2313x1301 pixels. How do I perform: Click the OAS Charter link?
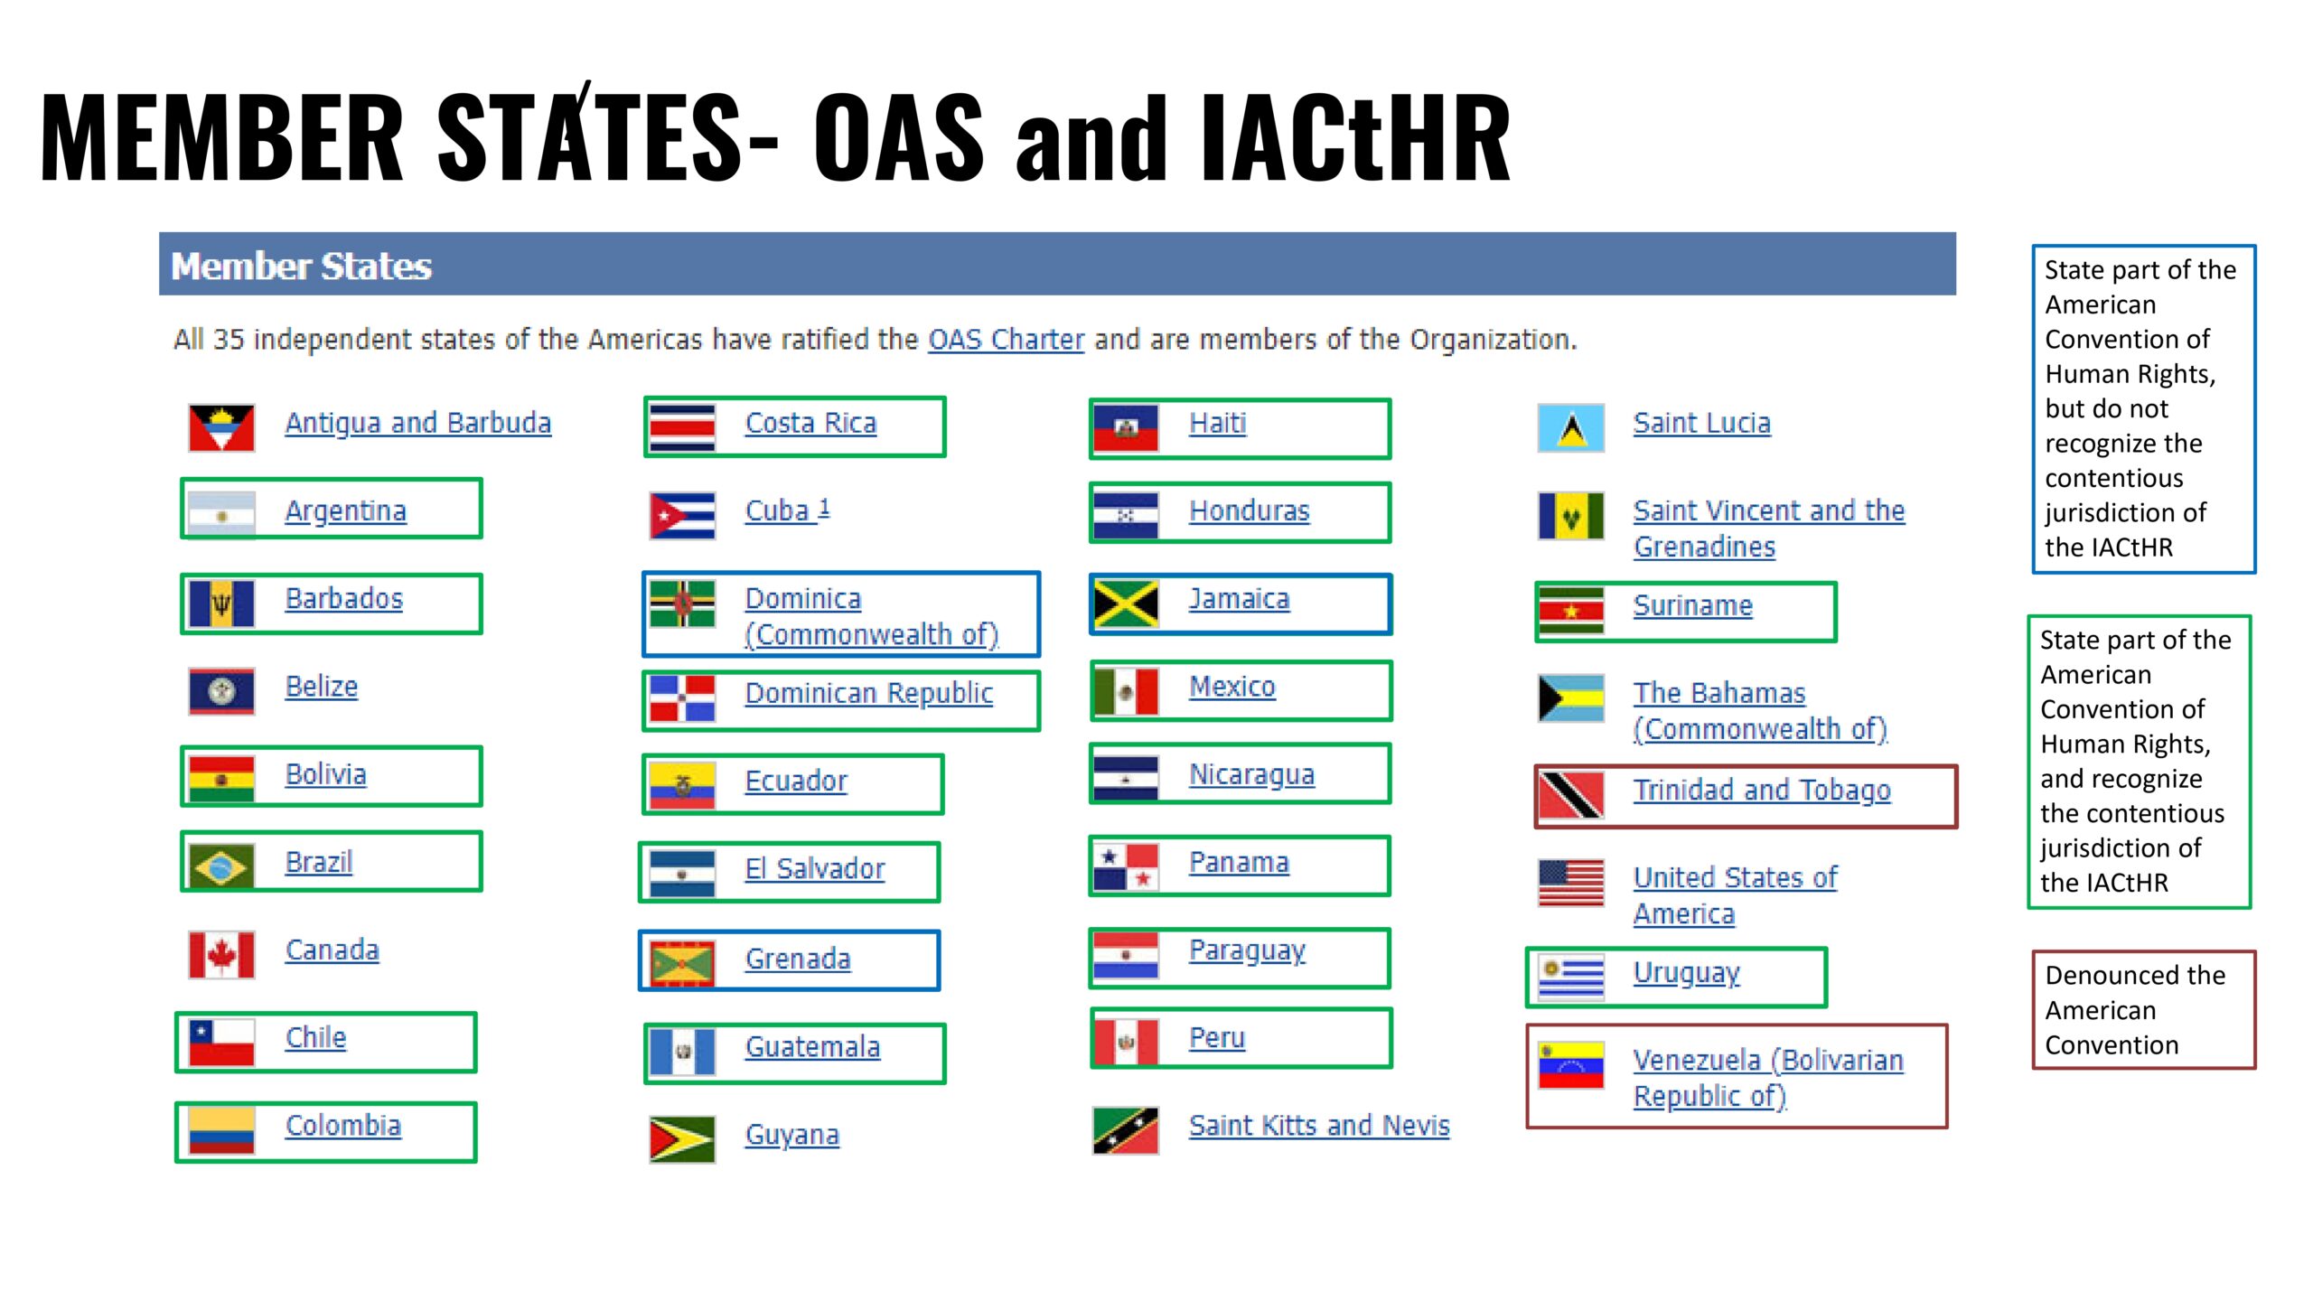(x=1006, y=340)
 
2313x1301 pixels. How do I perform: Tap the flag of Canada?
(x=221, y=954)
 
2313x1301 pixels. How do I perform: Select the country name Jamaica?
(x=1239, y=599)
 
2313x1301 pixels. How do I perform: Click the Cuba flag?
(x=682, y=515)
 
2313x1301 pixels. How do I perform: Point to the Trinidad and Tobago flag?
(x=1571, y=795)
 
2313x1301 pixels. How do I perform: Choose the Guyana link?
(x=792, y=1135)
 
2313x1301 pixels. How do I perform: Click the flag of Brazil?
(x=221, y=866)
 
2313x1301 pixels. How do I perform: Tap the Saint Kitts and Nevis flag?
(x=1125, y=1130)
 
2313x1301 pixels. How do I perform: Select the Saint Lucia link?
(x=1702, y=423)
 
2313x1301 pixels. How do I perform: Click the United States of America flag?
(x=1571, y=883)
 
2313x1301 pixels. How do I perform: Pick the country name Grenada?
(x=798, y=959)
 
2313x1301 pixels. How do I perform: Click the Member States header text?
(x=302, y=267)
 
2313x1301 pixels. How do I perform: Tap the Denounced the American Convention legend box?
(x=2143, y=1010)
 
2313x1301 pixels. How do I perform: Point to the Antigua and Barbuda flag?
(x=221, y=427)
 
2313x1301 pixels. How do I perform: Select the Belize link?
(x=322, y=687)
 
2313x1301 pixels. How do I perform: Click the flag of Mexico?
(x=1125, y=691)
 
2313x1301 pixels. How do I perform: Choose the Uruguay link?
(x=1687, y=974)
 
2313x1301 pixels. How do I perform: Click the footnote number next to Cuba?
(x=824, y=508)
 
